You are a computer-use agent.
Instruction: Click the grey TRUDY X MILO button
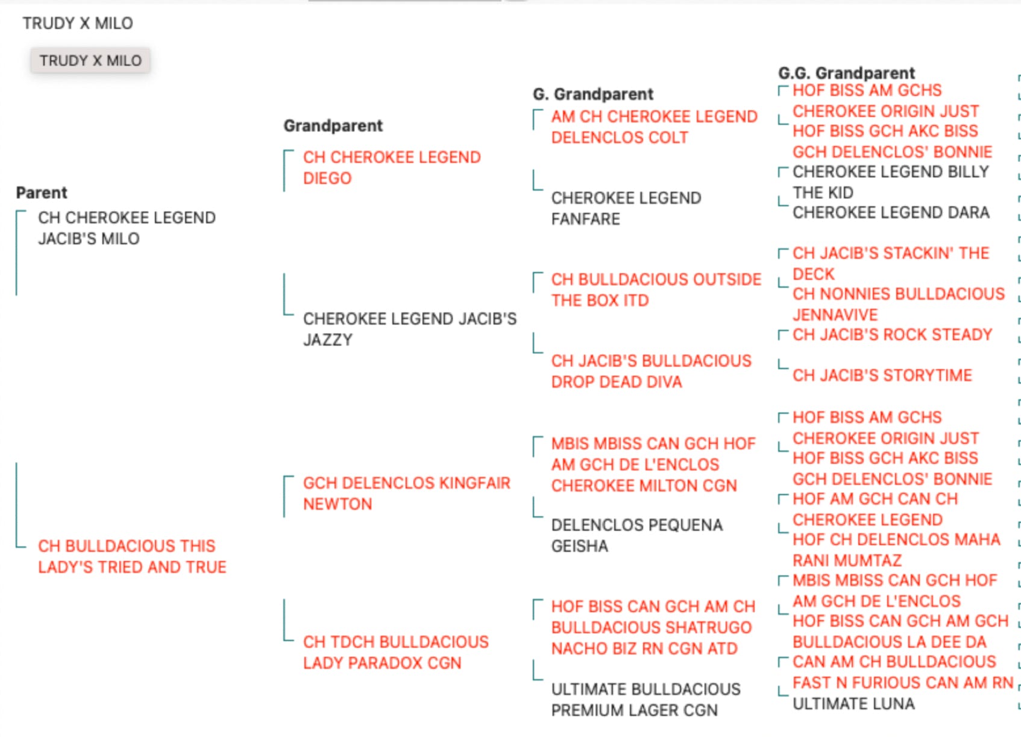coord(90,60)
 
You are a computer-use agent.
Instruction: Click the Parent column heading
coord(42,193)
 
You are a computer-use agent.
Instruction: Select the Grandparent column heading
coord(333,126)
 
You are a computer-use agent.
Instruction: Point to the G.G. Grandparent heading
coord(846,73)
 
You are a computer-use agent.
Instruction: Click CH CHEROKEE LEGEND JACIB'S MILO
coord(127,228)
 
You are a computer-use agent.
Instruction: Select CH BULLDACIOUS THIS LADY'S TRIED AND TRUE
coord(132,557)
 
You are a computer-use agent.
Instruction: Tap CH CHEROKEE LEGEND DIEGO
coord(392,168)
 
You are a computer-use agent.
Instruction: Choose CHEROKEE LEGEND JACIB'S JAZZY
coord(410,329)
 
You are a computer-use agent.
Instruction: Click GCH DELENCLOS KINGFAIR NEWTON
coord(407,493)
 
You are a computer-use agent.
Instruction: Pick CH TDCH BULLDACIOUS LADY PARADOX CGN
coord(395,652)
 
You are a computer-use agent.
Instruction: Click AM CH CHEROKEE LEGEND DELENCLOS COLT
coord(654,127)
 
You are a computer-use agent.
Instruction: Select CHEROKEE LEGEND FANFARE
coord(626,209)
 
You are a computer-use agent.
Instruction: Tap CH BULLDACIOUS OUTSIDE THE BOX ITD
coord(656,289)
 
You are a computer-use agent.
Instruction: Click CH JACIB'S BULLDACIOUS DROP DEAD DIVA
coord(651,372)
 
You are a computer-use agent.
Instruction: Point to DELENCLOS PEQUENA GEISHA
coord(636,536)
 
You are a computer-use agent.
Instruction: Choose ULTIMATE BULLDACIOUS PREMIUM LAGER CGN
coord(646,699)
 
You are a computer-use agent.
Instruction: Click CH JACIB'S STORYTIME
coord(882,375)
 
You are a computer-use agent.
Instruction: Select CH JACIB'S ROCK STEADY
coord(892,335)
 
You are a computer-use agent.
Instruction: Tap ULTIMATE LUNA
coord(853,704)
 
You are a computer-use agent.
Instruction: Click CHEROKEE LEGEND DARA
coord(891,212)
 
